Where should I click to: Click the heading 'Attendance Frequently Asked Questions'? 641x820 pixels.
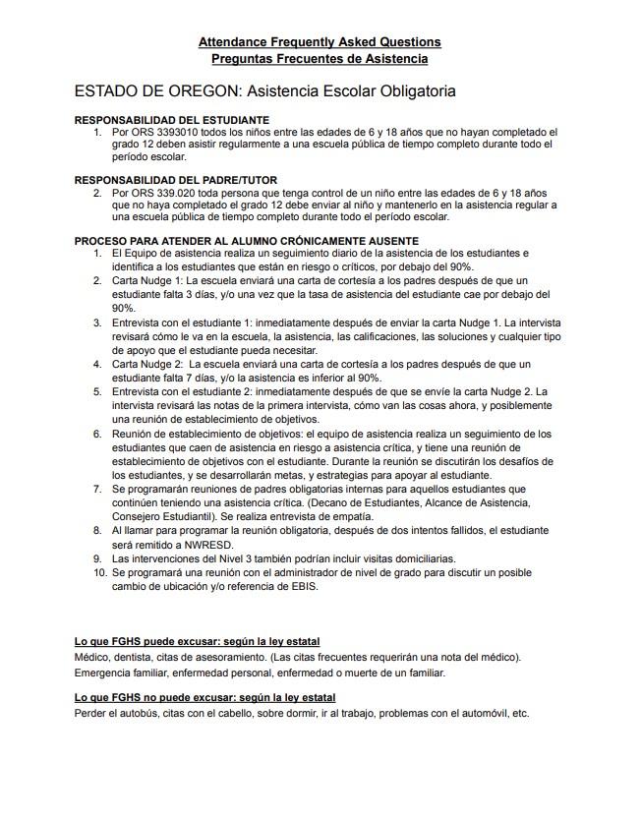pyautogui.click(x=320, y=42)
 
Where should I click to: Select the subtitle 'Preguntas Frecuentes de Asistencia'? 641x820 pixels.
pyautogui.click(x=320, y=59)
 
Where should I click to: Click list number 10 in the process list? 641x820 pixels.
pyautogui.click(x=98, y=571)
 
